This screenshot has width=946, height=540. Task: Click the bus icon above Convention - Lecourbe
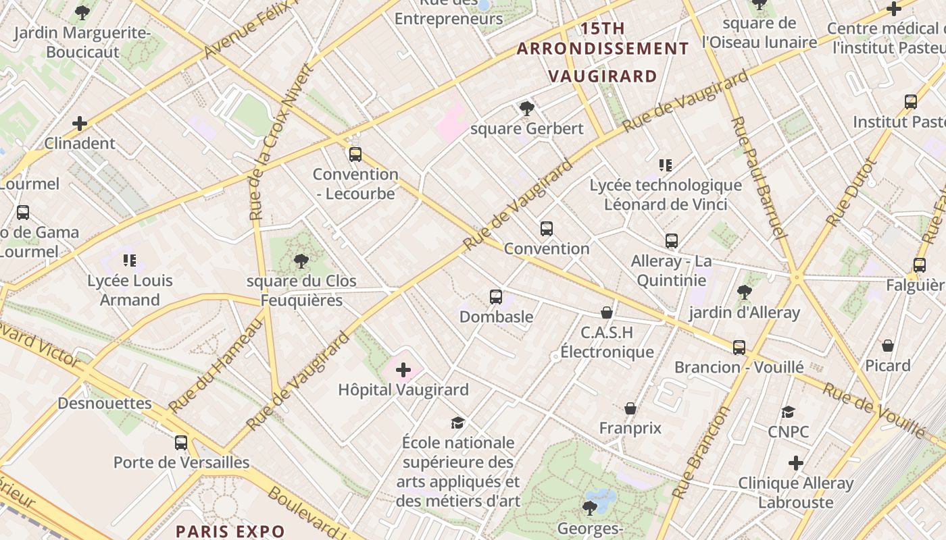[x=355, y=155]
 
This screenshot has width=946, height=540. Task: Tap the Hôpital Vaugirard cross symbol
[x=403, y=370]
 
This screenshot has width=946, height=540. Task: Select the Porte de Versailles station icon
[x=181, y=443]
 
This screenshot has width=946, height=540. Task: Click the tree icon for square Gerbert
[x=526, y=108]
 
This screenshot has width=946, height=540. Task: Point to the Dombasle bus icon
[x=496, y=296]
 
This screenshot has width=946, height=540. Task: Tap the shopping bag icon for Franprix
[x=630, y=408]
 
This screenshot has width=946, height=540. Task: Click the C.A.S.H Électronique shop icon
[x=607, y=313]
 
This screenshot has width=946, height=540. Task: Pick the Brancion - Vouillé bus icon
[x=739, y=348]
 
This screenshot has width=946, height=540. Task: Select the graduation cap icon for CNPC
[x=788, y=412]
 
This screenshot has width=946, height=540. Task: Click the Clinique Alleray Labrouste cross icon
[x=796, y=463]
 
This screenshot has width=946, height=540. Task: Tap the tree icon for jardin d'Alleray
[x=744, y=292]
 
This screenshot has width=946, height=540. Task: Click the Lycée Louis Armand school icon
[x=130, y=261]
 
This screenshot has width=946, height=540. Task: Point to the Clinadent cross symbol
[x=80, y=124]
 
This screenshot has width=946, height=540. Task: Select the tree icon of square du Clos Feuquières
[x=301, y=261]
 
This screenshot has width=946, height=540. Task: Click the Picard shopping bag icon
[x=888, y=346]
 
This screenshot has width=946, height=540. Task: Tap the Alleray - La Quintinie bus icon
[x=672, y=241]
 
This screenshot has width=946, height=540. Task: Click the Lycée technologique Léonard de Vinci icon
[x=666, y=165]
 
